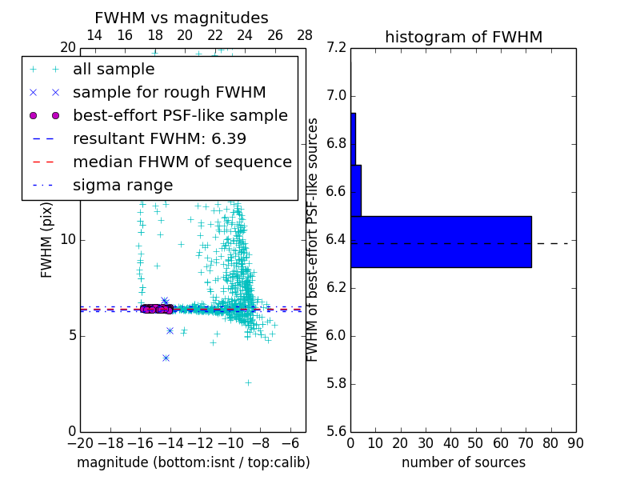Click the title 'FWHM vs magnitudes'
click(182, 18)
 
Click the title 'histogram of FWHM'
click(463, 37)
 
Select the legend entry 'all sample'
click(114, 70)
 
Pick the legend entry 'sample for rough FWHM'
click(169, 92)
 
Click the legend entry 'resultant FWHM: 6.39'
click(159, 138)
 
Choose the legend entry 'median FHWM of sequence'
click(182, 162)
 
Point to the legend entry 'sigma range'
click(122, 185)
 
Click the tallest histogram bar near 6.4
click(441, 242)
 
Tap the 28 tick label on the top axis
click(305, 35)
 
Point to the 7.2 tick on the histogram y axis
click(337, 48)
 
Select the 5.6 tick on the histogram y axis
click(337, 431)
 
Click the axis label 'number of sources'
click(463, 462)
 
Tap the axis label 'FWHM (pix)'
click(47, 239)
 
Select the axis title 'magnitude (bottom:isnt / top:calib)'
click(193, 462)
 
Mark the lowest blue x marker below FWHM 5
click(166, 358)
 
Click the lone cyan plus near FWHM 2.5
click(248, 382)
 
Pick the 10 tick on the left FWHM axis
click(67, 239)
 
